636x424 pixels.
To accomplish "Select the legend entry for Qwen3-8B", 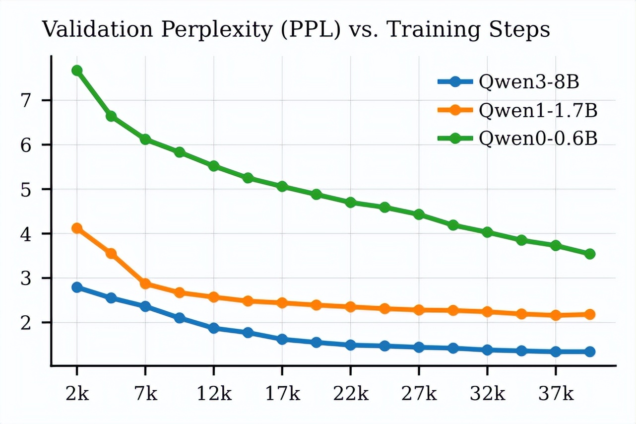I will pos(529,82).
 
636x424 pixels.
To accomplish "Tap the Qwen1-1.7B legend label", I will pos(538,111).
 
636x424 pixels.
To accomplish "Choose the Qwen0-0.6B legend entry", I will pos(538,139).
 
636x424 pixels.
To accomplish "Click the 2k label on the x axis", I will pos(77,394).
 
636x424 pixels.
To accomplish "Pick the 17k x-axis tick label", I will pos(282,394).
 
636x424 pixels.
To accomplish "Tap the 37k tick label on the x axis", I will pos(556,394).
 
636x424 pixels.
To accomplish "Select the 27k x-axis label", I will pos(419,394).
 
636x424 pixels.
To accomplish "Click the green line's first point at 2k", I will pos(77,71).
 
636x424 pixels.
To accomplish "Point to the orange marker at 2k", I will pos(77,228).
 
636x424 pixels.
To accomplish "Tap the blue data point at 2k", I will pos(77,287).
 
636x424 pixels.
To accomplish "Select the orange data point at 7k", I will pos(145,284).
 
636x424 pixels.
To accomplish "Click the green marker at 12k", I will pos(214,166).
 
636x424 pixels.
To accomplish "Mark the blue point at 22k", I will pos(350,345).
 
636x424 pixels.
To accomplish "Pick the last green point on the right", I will pos(590,254).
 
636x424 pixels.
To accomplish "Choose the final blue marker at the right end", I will pos(590,352).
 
